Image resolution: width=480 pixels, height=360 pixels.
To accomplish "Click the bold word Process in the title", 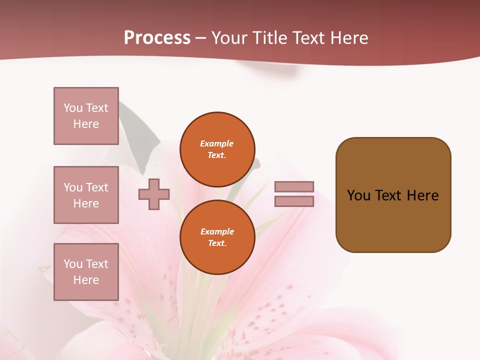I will click(157, 38).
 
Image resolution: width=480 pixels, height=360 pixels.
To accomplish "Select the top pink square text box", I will click(86, 116).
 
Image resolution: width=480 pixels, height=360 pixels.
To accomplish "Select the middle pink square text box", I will click(86, 195).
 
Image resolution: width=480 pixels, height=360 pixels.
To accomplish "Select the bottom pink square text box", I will click(86, 271).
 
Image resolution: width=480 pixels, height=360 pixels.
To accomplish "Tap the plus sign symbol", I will click(154, 194).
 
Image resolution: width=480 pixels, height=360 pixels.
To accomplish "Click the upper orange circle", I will click(217, 149).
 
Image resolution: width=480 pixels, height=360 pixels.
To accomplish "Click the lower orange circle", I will click(217, 237).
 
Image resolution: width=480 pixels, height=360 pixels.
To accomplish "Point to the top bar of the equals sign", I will click(294, 186).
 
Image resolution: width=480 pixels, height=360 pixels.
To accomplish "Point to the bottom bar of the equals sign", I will click(294, 201).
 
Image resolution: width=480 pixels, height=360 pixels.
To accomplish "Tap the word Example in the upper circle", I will click(217, 143).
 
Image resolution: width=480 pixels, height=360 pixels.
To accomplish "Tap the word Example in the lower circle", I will click(217, 231).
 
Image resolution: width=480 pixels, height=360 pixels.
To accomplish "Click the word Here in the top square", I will click(86, 124).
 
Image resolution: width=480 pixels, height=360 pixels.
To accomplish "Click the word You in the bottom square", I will click(73, 264).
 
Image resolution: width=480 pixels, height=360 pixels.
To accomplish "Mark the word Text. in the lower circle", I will click(217, 243).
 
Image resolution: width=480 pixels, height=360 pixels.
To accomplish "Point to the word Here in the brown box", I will click(423, 195).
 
